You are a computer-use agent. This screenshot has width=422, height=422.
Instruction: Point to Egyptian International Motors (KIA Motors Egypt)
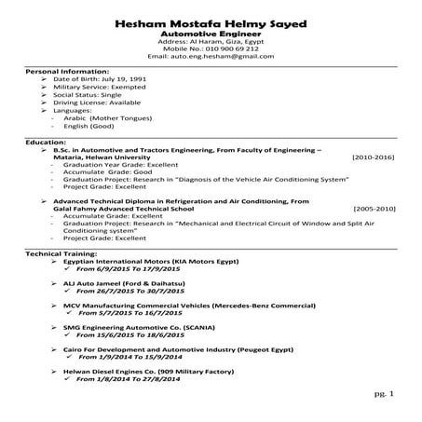(148, 263)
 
